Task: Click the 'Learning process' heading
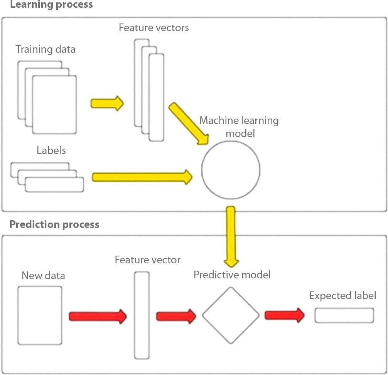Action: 51,5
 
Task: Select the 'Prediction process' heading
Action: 54,224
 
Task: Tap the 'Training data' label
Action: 46,49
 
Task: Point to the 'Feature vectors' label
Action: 154,28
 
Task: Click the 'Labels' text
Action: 51,150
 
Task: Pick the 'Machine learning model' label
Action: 239,127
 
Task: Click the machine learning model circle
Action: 231,168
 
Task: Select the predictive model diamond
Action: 231,315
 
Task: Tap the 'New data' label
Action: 43,276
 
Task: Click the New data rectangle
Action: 40,315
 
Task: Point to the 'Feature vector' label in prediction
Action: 147,260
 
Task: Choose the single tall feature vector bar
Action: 142,315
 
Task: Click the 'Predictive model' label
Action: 232,275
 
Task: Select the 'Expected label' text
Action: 342,296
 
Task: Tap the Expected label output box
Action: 344,315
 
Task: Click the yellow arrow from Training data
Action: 107,104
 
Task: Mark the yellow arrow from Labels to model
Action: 142,177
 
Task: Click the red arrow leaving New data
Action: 98,316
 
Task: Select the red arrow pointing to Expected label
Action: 284,315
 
